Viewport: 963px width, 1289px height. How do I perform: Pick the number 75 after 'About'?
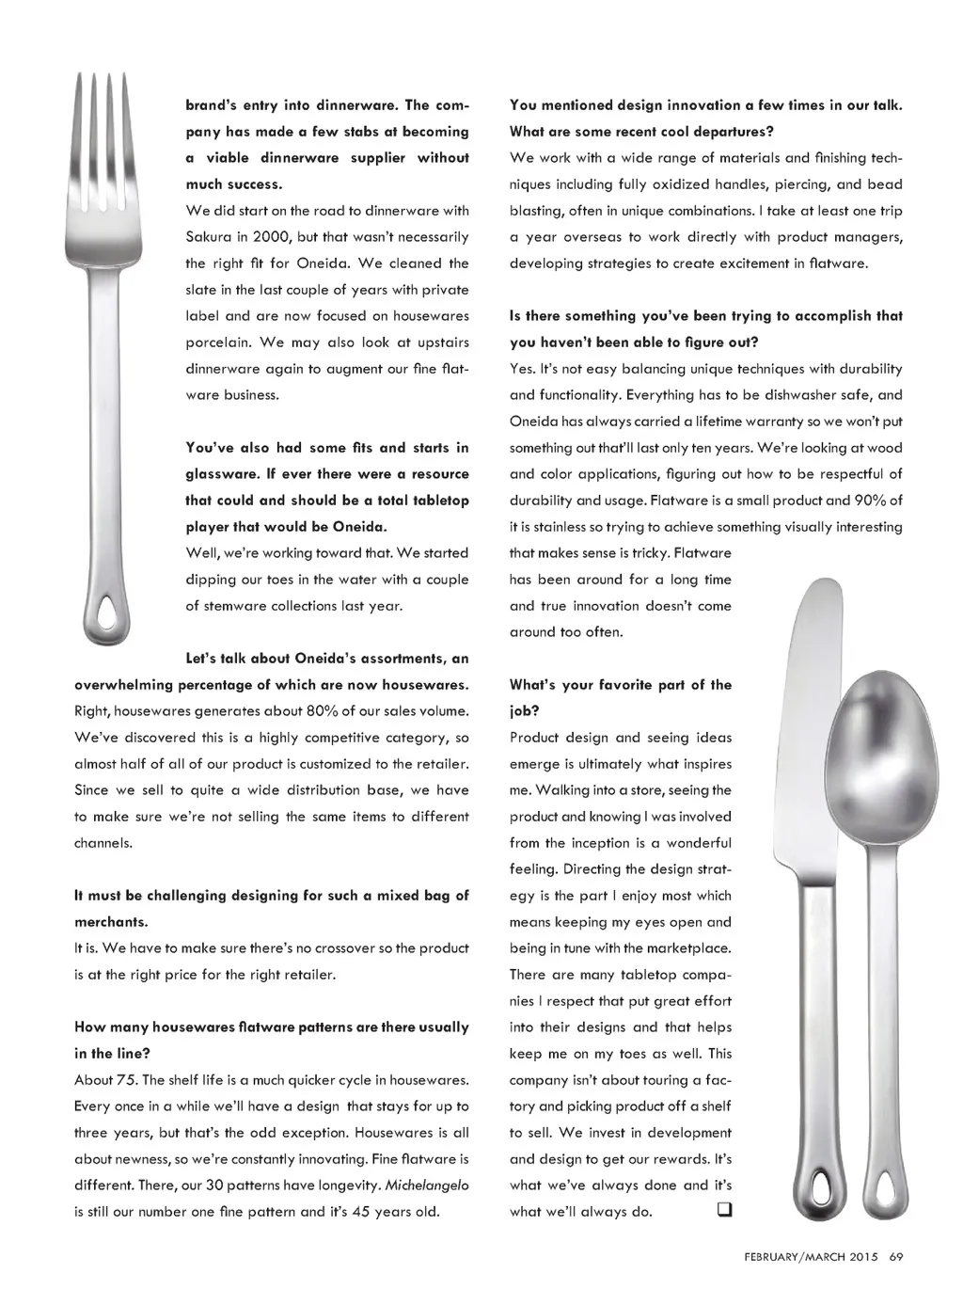click(126, 1080)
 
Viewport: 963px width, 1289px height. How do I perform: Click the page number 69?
click(896, 1256)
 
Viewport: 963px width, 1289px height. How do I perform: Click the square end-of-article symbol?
click(724, 1210)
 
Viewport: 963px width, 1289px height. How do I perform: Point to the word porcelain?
click(218, 342)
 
